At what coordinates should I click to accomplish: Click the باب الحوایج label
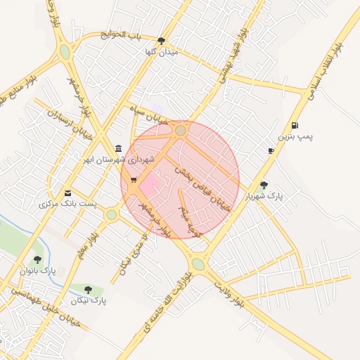[x=121, y=34]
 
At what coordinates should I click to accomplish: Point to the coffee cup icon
[x=271, y=151]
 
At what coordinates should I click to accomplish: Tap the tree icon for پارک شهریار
[x=264, y=186]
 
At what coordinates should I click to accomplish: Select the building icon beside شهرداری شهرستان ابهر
[x=117, y=149]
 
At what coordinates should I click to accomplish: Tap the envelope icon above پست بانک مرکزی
[x=67, y=193]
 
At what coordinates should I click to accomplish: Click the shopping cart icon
[x=134, y=181]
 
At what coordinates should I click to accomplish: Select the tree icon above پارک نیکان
[x=88, y=290]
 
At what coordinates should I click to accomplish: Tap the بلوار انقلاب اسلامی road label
[x=323, y=70]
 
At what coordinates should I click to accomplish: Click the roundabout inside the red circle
[x=181, y=130]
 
